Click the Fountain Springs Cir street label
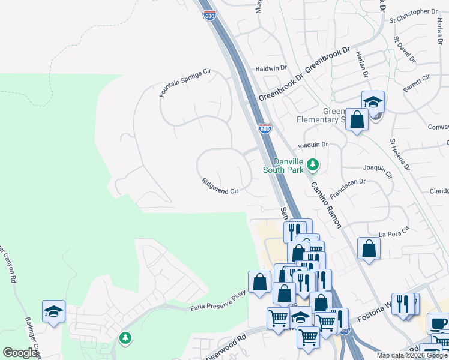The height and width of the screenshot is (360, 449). click(185, 83)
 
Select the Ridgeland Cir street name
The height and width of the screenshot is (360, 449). click(220, 186)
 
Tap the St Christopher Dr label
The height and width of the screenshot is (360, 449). click(414, 11)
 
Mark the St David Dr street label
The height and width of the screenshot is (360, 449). click(404, 50)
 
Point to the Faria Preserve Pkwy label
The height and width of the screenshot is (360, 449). click(218, 308)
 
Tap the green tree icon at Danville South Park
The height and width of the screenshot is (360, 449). click(312, 164)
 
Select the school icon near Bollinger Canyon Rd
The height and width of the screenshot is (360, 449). click(53, 312)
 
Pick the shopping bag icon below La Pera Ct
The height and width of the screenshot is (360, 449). click(369, 248)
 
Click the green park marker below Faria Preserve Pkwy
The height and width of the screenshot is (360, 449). click(125, 338)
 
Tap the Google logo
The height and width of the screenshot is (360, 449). click(20, 353)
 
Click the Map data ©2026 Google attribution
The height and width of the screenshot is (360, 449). click(412, 355)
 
